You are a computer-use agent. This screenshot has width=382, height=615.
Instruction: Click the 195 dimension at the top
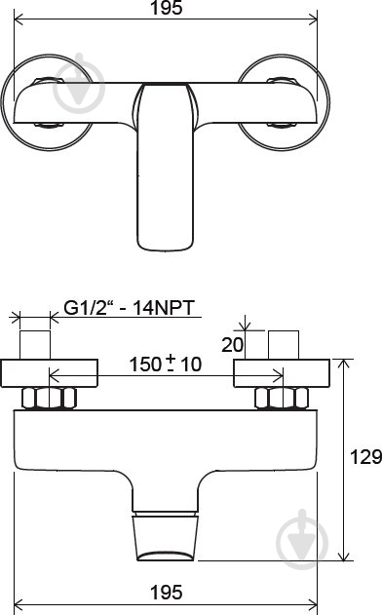pos(167,8)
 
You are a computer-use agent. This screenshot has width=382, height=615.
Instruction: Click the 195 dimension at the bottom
pos(167,593)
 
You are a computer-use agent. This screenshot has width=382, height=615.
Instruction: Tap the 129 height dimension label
pos(365,457)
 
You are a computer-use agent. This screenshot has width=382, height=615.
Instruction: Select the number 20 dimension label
pos(232,345)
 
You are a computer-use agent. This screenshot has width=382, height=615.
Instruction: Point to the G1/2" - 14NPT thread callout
pos(129,308)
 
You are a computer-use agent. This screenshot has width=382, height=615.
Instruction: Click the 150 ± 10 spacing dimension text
pos(166,364)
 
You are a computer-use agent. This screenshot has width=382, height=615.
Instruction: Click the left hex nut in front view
pos(49,398)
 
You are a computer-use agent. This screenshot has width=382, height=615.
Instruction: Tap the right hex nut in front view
pos(282,398)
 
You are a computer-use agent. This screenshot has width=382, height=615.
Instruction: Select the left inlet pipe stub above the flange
pos(35,345)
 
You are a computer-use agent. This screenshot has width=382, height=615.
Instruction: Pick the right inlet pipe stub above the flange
pos(284,345)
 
